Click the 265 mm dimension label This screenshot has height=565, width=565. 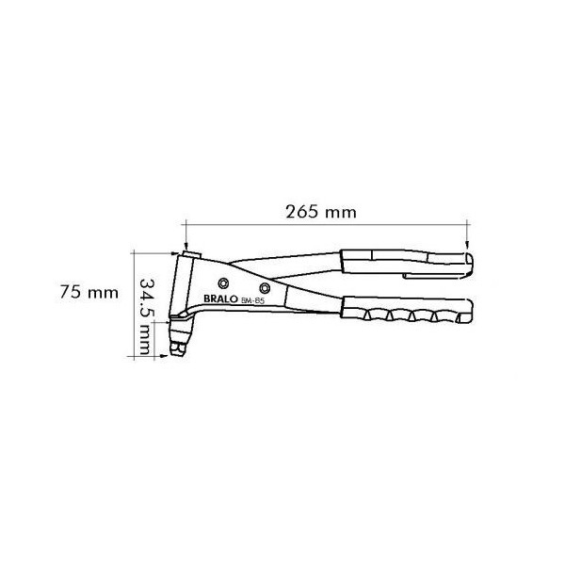(320, 212)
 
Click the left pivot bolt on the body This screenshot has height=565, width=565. (222, 282)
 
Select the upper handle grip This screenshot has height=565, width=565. (405, 263)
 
